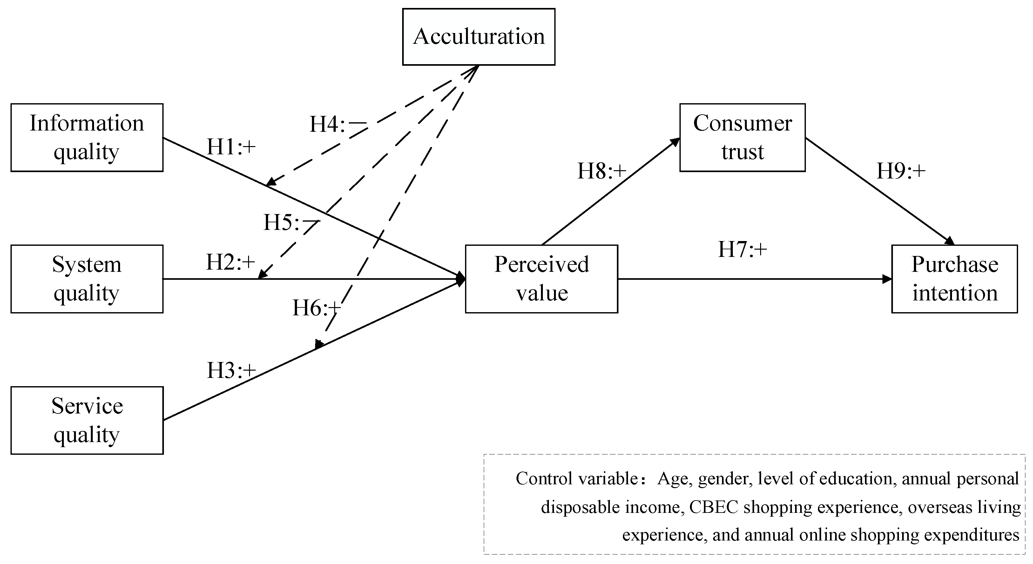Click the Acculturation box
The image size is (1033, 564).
pyautogui.click(x=478, y=37)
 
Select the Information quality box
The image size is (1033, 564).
pyautogui.click(x=87, y=138)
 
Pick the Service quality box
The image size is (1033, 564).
pyautogui.click(x=87, y=420)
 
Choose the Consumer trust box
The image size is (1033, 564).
pyautogui.click(x=742, y=138)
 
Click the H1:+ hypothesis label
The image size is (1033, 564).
pyautogui.click(x=231, y=147)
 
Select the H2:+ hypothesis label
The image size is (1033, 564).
pyautogui.click(x=231, y=263)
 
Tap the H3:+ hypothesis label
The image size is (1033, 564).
pyautogui.click(x=231, y=370)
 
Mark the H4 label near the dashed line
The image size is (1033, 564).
pyautogui.click(x=338, y=124)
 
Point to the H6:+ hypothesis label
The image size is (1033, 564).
pyautogui.click(x=316, y=308)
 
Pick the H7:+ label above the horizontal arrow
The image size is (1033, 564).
pyautogui.click(x=742, y=249)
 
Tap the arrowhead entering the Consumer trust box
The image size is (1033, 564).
pyautogui.click(x=675, y=142)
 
